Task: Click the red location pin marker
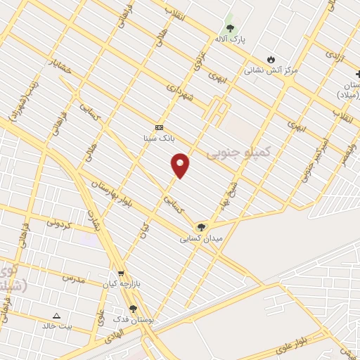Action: pos(181,164)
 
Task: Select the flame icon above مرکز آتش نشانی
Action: pos(271,59)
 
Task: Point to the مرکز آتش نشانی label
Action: pos(271,70)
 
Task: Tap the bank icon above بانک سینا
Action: pos(159,127)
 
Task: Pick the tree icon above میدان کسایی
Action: pos(202,226)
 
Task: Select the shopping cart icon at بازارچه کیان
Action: pos(121,274)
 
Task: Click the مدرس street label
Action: pos(73,278)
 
